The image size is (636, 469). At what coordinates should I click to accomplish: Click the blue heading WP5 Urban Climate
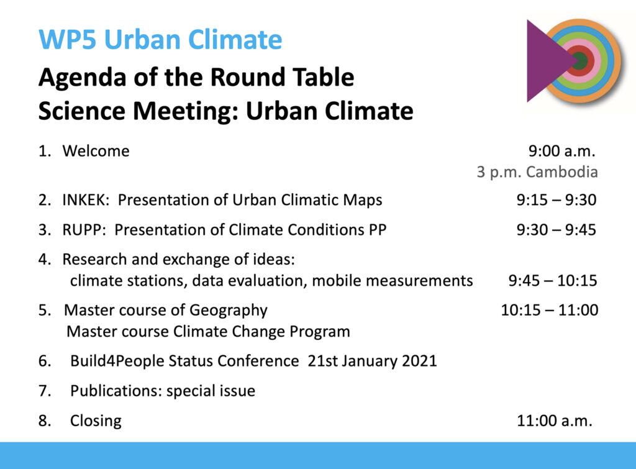pyautogui.click(x=160, y=40)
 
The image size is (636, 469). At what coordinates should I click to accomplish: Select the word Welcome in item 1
pyautogui.click(x=96, y=151)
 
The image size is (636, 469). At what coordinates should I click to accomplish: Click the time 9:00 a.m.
pyautogui.click(x=561, y=151)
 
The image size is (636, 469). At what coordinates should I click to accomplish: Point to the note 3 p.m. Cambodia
pyautogui.click(x=537, y=172)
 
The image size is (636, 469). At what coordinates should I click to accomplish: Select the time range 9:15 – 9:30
pyautogui.click(x=556, y=200)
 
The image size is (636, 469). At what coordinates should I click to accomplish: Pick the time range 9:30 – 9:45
pyautogui.click(x=556, y=230)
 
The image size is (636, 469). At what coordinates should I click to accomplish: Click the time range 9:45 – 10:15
pyautogui.click(x=553, y=281)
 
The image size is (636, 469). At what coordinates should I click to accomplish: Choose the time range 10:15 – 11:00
pyautogui.click(x=550, y=311)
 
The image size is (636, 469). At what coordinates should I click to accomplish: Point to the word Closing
pyautogui.click(x=96, y=422)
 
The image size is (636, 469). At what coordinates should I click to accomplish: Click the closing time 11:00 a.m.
pyautogui.click(x=555, y=421)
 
